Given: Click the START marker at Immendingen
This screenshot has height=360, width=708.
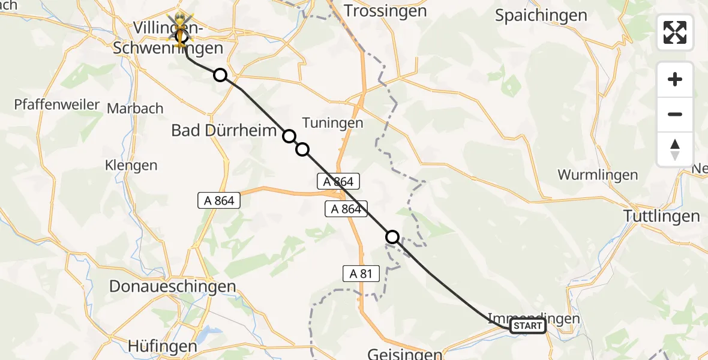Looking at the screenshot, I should (527, 326).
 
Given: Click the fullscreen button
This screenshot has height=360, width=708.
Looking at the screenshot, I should (675, 32).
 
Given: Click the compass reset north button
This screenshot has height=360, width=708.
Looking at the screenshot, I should (675, 149).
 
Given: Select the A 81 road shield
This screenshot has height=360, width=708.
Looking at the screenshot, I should (361, 274).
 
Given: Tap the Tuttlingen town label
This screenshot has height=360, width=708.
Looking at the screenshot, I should (661, 216).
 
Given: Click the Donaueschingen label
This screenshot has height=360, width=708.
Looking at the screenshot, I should (172, 287).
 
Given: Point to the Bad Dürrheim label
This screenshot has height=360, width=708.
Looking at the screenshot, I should (224, 130).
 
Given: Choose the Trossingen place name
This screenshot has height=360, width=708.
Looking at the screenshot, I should (385, 11).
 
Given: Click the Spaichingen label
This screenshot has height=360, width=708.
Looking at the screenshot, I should (541, 16).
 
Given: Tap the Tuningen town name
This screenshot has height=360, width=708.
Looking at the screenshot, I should (332, 123).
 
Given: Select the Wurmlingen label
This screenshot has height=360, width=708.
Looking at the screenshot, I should (597, 175).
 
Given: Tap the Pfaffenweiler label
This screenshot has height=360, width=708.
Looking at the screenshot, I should (57, 105).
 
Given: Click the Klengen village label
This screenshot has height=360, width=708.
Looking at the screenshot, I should (131, 165).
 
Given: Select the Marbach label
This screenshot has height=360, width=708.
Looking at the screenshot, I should (135, 109).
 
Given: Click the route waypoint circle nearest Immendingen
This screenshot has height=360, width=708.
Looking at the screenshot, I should (392, 237).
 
